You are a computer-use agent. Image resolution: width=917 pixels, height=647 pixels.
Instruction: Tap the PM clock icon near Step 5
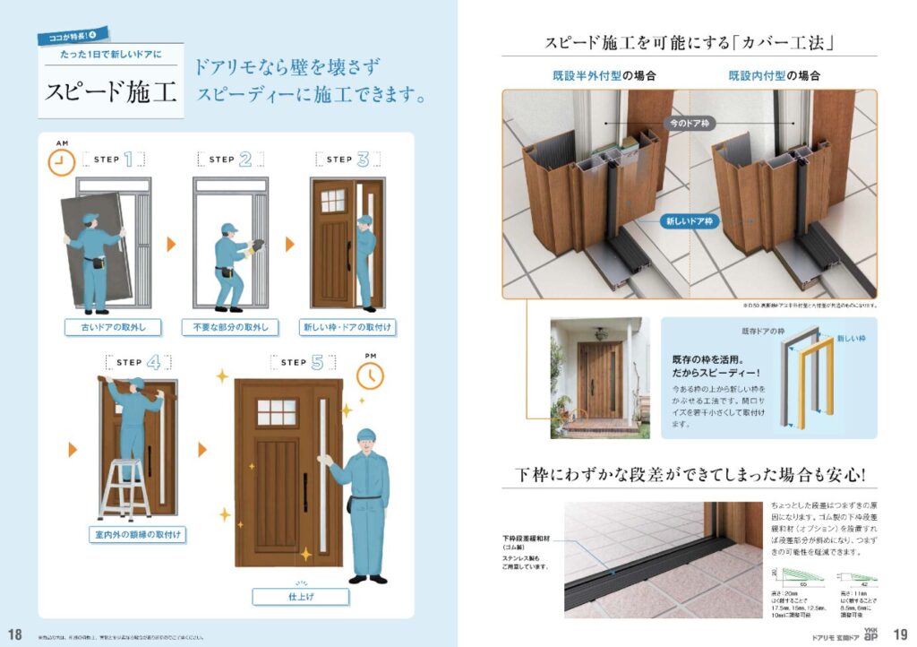pyautogui.click(x=369, y=376)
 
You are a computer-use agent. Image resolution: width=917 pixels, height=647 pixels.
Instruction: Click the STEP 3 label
pyautogui.click(x=347, y=160)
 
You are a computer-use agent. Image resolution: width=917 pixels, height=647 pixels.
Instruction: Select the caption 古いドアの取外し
pyautogui.click(x=106, y=327)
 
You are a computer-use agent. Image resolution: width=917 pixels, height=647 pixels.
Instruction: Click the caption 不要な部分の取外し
pyautogui.click(x=230, y=327)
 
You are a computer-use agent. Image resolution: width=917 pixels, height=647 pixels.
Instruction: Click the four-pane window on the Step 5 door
pyautogui.click(x=276, y=412)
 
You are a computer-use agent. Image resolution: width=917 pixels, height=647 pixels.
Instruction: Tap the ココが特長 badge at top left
pyautogui.click(x=73, y=36)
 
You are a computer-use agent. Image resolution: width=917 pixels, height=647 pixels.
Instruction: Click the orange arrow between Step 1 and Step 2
pyautogui.click(x=172, y=244)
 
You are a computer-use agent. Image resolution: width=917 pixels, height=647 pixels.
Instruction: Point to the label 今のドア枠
pyautogui.click(x=690, y=122)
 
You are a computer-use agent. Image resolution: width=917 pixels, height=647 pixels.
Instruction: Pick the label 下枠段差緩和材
pyautogui.click(x=530, y=542)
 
